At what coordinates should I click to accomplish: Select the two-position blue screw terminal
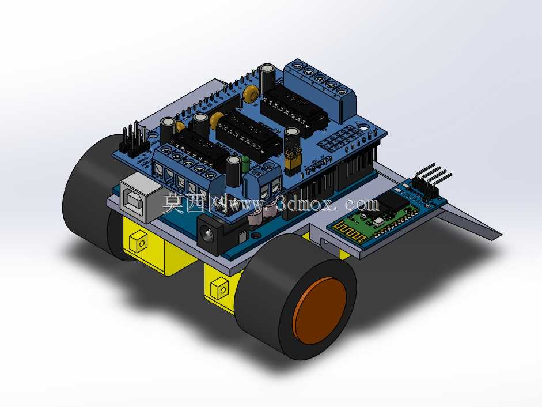tap(265, 182)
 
